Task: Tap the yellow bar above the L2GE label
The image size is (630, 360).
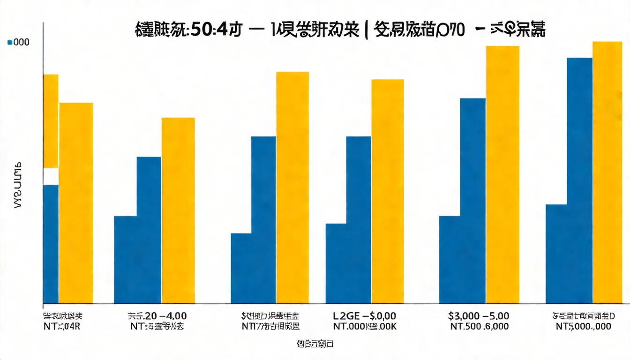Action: (387, 191)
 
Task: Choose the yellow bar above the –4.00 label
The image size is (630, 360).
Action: (178, 210)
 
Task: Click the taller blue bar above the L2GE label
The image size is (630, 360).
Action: (359, 219)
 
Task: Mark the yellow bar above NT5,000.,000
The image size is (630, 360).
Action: (607, 172)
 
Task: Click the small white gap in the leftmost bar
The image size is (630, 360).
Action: (51, 176)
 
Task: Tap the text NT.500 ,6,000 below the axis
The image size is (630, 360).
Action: (478, 327)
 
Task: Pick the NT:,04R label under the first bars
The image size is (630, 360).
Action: (61, 327)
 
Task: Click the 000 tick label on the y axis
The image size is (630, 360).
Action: (21, 42)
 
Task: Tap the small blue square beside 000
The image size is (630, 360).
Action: (10, 42)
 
